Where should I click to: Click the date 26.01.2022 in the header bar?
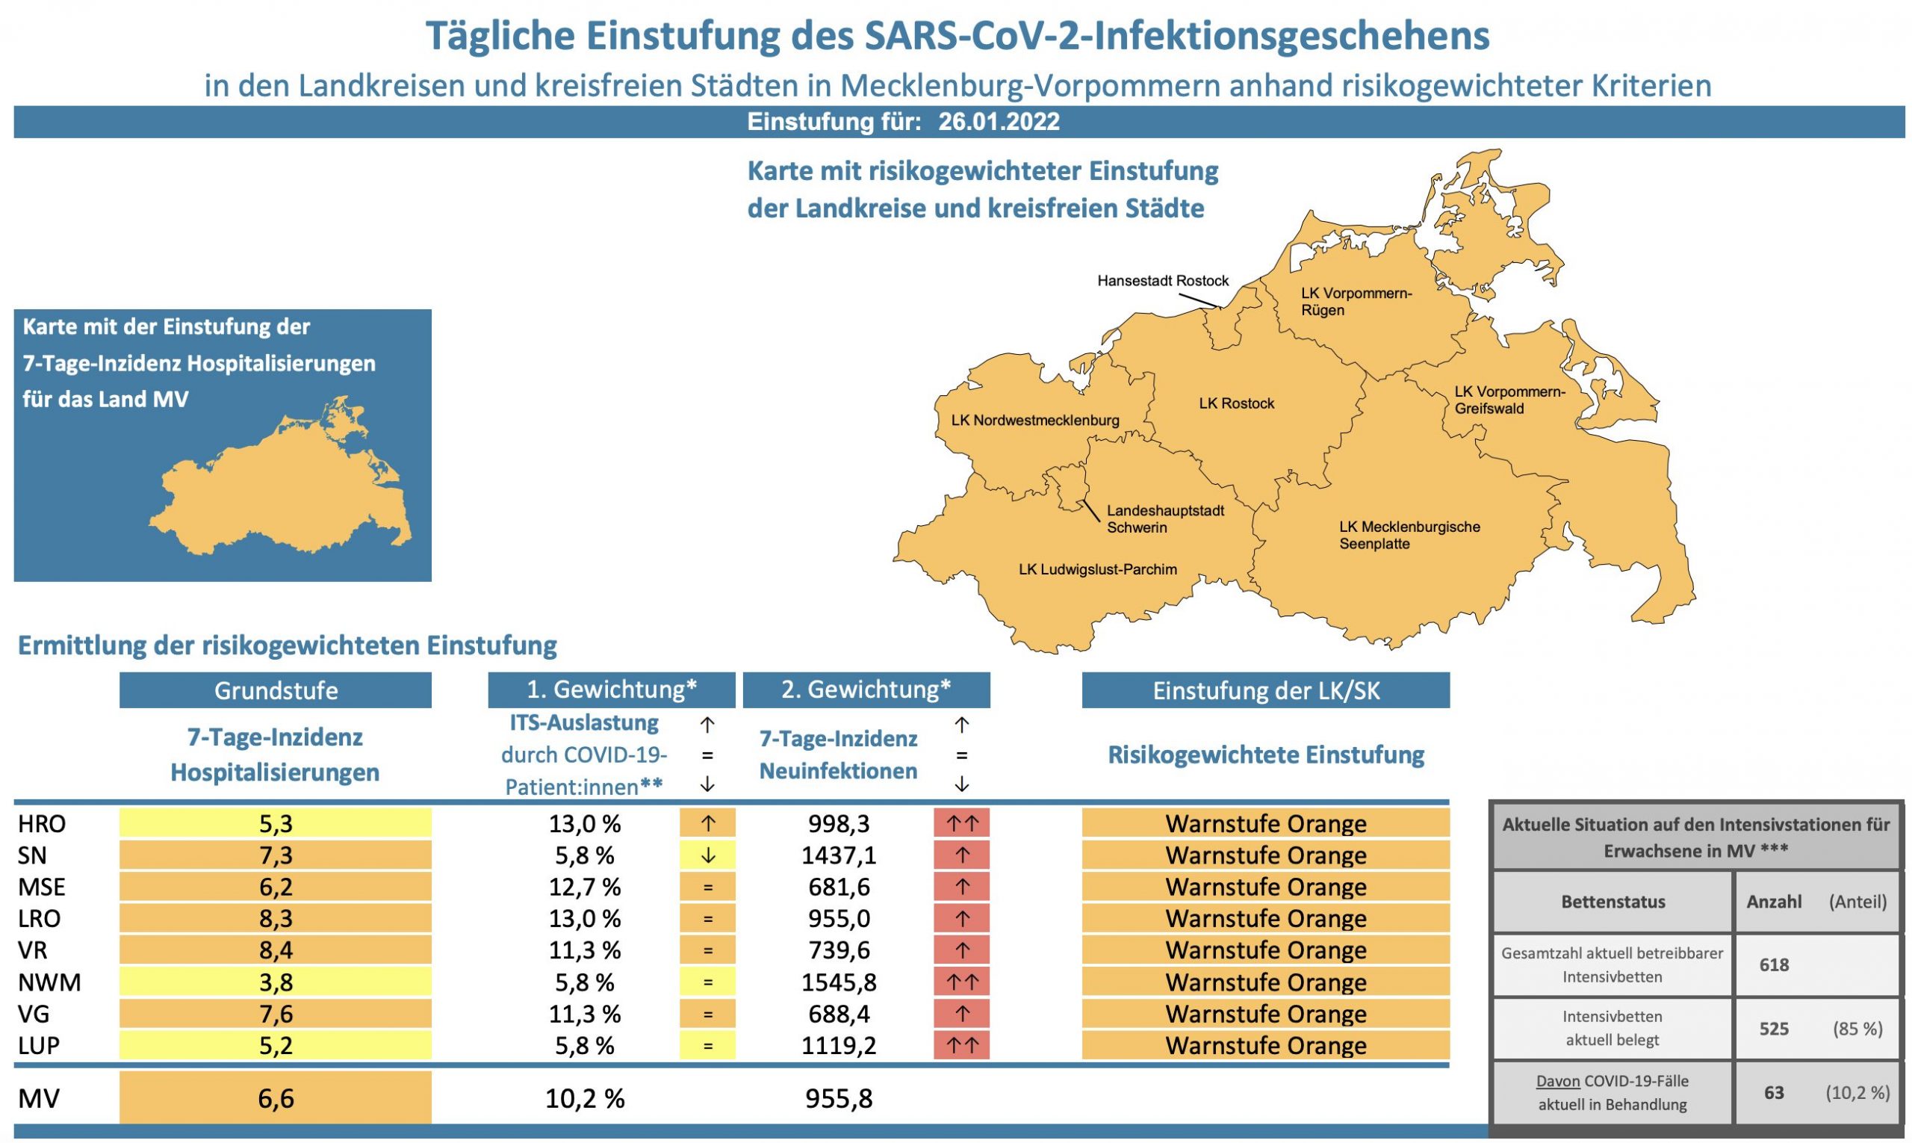pyautogui.click(x=999, y=122)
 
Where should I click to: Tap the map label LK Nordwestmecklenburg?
pyautogui.click(x=1035, y=421)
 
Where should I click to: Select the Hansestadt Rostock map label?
pyautogui.click(x=1163, y=281)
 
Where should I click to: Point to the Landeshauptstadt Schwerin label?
pyautogui.click(x=1165, y=519)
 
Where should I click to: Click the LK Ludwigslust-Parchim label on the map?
pyautogui.click(x=1097, y=570)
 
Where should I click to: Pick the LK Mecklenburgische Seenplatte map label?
pyautogui.click(x=1409, y=536)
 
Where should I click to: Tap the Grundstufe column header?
pyautogui.click(x=276, y=690)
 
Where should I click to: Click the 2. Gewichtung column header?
pyautogui.click(x=866, y=690)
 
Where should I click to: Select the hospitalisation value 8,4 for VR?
pyautogui.click(x=276, y=950)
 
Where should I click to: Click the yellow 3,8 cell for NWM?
pyautogui.click(x=276, y=983)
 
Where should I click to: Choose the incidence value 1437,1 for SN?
pyautogui.click(x=839, y=855)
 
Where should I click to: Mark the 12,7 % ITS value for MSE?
pyautogui.click(x=585, y=888)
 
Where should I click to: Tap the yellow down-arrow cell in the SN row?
pyautogui.click(x=707, y=855)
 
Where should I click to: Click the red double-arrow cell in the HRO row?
pyautogui.click(x=962, y=823)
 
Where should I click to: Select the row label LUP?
pyautogui.click(x=40, y=1046)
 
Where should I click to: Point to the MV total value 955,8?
pyautogui.click(x=839, y=1098)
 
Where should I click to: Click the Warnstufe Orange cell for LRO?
pyautogui.click(x=1265, y=919)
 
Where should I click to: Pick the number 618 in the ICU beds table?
pyautogui.click(x=1773, y=965)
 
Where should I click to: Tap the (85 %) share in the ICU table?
pyautogui.click(x=1857, y=1029)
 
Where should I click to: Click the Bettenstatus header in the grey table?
pyautogui.click(x=1613, y=902)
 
